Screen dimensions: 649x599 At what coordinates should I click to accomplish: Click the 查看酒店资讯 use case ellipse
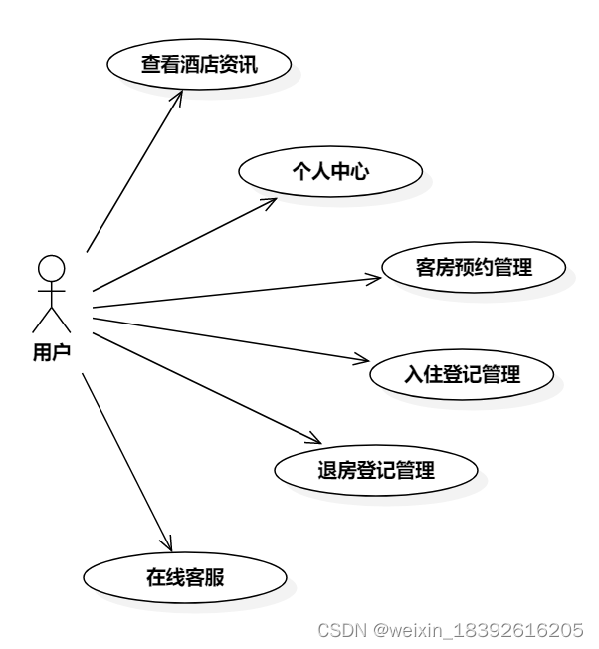pyautogui.click(x=199, y=65)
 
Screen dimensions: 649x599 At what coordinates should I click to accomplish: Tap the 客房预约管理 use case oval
pyautogui.click(x=473, y=267)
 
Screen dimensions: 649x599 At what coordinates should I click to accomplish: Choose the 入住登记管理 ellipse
pyautogui.click(x=462, y=374)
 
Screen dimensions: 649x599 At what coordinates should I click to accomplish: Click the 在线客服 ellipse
pyautogui.click(x=185, y=576)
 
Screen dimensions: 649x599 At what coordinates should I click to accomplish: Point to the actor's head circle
pyautogui.click(x=52, y=267)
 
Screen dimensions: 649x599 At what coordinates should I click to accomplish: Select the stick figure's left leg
pyautogui.click(x=41, y=320)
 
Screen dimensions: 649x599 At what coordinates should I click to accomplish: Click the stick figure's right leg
pyautogui.click(x=62, y=320)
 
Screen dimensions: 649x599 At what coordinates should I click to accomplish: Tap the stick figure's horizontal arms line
pyautogui.click(x=52, y=292)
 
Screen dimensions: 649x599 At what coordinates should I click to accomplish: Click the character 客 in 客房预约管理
pyautogui.click(x=423, y=267)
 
